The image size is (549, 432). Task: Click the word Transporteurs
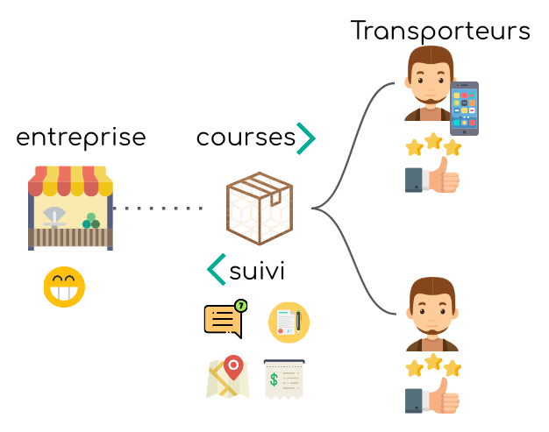point(440,32)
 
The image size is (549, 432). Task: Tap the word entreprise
point(81,138)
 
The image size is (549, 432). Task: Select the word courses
point(245,138)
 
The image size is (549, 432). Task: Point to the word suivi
point(257,271)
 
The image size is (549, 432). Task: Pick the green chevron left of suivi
point(216,270)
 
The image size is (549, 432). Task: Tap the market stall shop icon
point(70,208)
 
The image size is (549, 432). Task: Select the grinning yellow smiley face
point(64,287)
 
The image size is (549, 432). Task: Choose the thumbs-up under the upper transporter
point(432,177)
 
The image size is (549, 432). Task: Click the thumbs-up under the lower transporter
point(432,395)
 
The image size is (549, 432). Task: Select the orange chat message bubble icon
point(224,320)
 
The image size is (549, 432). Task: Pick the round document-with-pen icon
point(289,322)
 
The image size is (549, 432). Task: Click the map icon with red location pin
point(227,378)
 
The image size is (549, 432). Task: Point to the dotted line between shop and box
point(158,209)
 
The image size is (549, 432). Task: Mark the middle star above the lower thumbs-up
point(432,360)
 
